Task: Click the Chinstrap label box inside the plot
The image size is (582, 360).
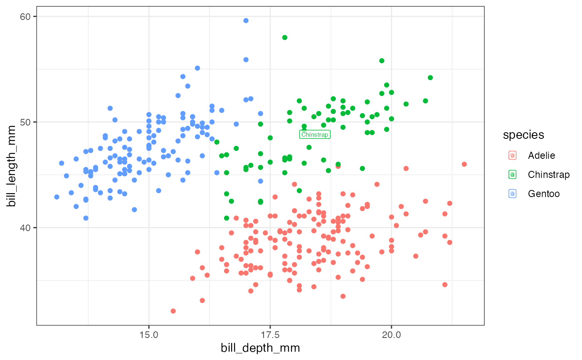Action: click(315, 134)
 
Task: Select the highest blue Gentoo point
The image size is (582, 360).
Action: click(246, 20)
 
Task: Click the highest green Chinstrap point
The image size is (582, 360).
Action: click(285, 37)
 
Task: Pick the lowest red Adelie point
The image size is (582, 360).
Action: click(173, 311)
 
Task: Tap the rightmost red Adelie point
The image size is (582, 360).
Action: click(464, 164)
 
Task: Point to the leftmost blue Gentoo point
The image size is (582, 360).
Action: click(57, 197)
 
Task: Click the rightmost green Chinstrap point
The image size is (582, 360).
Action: click(430, 78)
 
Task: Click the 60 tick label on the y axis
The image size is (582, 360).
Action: click(27, 17)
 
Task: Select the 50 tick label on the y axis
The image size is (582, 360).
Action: click(27, 122)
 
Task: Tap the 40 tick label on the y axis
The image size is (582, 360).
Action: click(27, 228)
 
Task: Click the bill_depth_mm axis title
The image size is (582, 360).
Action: click(260, 348)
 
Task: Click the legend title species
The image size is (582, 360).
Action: click(523, 135)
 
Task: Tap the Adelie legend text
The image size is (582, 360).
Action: click(541, 155)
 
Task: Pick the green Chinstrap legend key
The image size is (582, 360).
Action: click(513, 175)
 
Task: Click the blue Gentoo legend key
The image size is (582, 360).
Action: click(513, 194)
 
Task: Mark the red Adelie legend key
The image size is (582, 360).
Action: click(513, 155)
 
